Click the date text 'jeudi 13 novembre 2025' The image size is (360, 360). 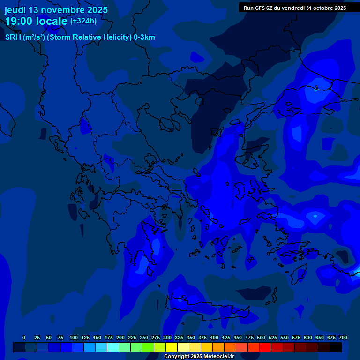[x=56, y=10]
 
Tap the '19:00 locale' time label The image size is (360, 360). [x=37, y=21]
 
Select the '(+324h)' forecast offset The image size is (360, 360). [x=83, y=21]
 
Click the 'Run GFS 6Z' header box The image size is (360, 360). [x=294, y=7]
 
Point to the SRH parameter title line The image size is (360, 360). [x=80, y=37]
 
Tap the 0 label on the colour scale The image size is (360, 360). [x=24, y=337]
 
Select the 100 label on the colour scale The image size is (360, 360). [x=73, y=337]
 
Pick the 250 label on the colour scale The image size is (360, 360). [x=143, y=337]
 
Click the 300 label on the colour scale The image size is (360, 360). [x=167, y=337]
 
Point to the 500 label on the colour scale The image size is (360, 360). [x=261, y=337]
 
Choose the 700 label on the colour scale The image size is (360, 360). [x=343, y=337]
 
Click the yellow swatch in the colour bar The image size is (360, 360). [x=172, y=347]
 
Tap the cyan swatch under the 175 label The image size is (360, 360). [x=113, y=347]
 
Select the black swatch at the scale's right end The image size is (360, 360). [x=336, y=347]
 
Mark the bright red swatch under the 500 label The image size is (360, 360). [x=265, y=347]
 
